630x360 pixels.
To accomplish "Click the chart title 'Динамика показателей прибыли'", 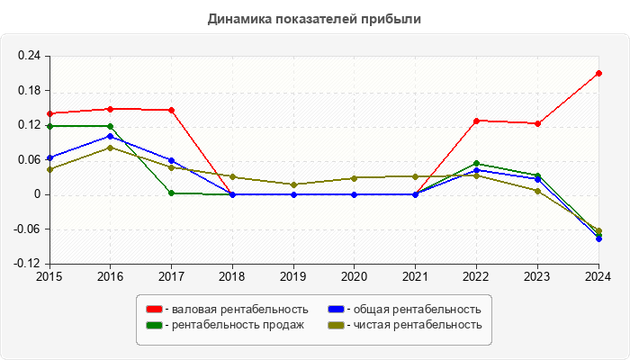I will click(314, 18).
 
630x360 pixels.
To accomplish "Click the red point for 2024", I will click(598, 73).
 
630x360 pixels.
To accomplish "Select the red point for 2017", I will click(171, 110).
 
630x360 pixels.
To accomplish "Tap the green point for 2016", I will click(110, 126).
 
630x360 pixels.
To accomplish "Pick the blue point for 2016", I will click(110, 137).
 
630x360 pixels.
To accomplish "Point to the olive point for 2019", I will click(293, 184).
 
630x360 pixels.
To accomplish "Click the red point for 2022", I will click(476, 121).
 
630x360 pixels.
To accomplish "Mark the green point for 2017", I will click(171, 193).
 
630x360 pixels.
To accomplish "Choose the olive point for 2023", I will click(537, 191).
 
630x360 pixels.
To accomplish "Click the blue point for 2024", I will click(598, 238).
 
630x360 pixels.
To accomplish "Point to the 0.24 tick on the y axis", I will click(29, 56).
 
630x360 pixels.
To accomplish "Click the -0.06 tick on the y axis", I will click(27, 229).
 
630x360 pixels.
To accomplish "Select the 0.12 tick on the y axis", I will click(29, 125).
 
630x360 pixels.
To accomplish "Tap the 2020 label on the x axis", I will click(354, 275).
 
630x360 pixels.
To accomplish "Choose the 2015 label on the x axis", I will click(49, 275).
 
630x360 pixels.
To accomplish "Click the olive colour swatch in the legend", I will click(336, 325).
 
